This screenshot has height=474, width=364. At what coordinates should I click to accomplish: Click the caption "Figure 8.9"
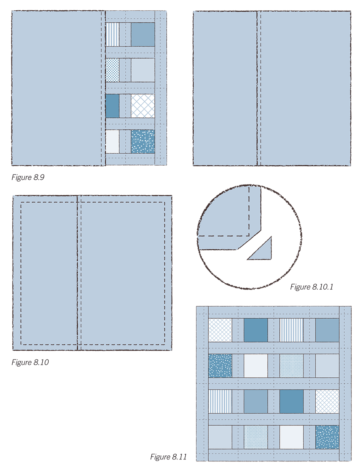[28, 177]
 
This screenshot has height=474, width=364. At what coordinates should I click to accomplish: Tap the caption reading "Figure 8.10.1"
[311, 287]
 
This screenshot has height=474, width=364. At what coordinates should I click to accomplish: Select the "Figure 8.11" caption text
[168, 457]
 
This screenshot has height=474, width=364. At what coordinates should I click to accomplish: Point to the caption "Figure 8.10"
[30, 362]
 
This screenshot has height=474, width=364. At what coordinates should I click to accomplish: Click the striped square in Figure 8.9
[113, 34]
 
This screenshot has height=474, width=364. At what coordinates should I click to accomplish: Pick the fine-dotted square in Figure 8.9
[113, 70]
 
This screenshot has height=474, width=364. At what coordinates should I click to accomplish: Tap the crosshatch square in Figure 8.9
[143, 106]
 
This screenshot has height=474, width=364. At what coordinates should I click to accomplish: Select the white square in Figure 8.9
[113, 141]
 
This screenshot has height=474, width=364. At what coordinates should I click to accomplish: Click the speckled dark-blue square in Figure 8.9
[143, 141]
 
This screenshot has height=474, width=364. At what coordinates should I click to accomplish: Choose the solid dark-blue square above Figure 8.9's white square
[113, 106]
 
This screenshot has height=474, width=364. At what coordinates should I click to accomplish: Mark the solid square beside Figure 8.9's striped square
[143, 34]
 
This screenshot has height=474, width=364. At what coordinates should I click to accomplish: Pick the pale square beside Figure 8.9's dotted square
[143, 70]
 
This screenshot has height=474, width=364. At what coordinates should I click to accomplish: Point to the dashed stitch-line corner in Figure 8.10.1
[249, 236]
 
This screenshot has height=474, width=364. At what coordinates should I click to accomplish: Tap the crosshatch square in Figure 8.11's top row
[220, 330]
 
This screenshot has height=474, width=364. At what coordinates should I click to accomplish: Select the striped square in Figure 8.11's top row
[292, 330]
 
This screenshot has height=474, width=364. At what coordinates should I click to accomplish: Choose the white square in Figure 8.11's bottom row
[292, 437]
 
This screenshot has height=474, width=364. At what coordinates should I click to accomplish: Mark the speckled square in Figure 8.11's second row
[220, 366]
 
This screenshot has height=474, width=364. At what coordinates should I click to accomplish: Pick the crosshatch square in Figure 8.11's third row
[327, 401]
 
